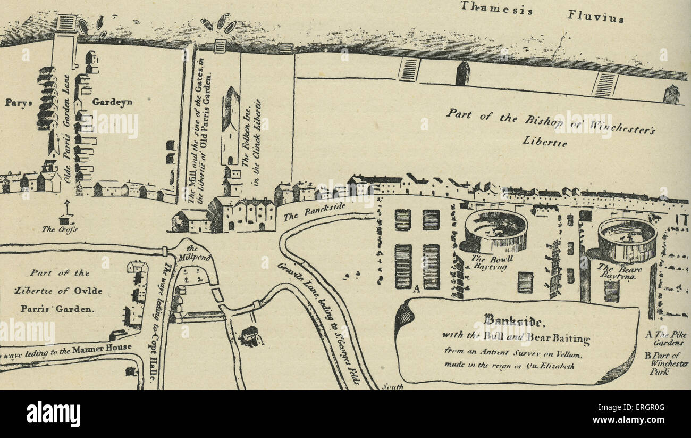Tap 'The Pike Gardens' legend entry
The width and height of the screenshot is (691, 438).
(x=665, y=338)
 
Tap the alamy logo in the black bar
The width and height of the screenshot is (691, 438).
(x=53, y=414)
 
